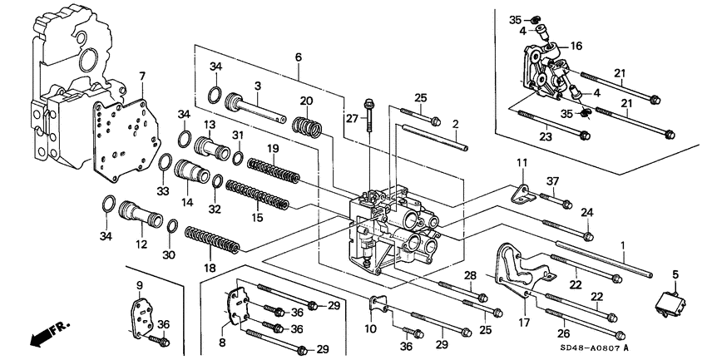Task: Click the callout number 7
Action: pyautogui.click(x=141, y=76)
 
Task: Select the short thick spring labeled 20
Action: pyautogui.click(x=306, y=127)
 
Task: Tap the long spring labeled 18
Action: pyautogui.click(x=212, y=242)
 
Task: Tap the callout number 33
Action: pyautogui.click(x=163, y=191)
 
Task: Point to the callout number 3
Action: pyautogui.click(x=258, y=86)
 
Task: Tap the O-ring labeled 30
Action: pyautogui.click(x=171, y=227)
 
